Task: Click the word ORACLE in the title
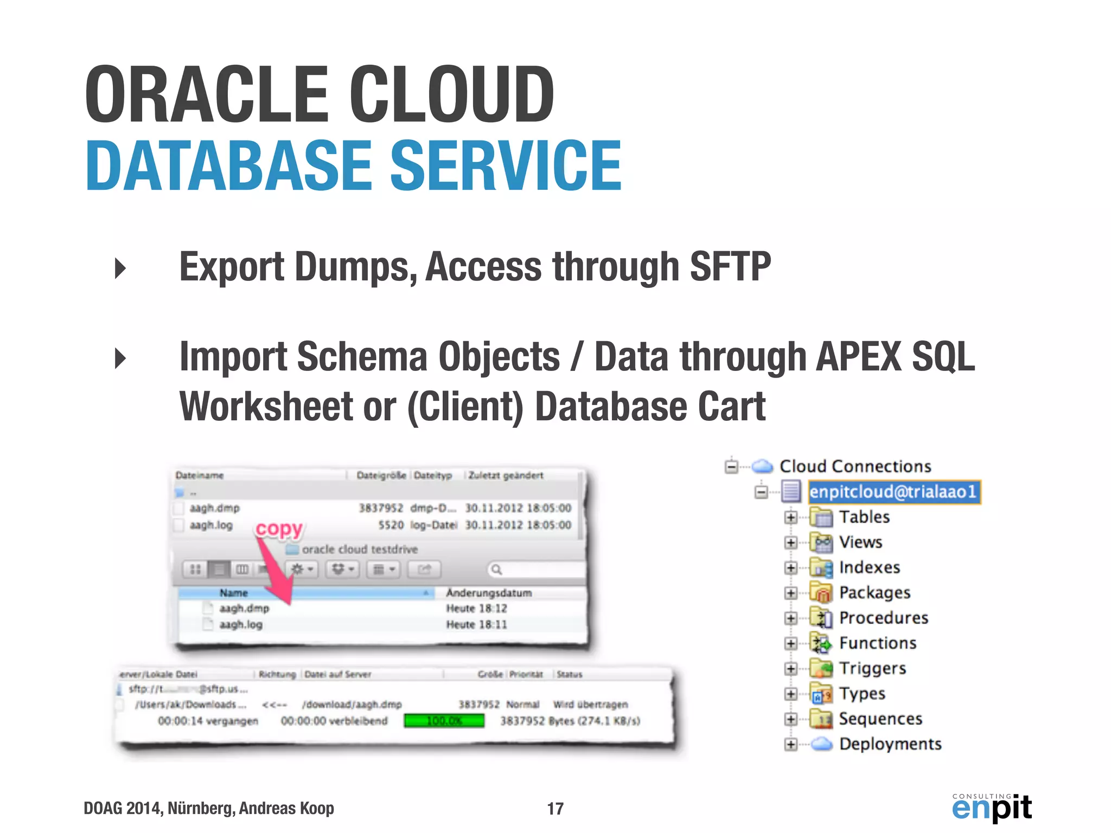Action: [207, 94]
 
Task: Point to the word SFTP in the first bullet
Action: [730, 266]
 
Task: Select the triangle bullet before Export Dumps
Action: [120, 268]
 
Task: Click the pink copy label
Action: [279, 528]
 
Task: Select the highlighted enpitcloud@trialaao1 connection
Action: [893, 492]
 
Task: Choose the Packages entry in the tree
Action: [874, 592]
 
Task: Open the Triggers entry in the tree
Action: [872, 668]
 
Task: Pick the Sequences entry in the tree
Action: [880, 719]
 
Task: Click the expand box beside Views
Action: [790, 542]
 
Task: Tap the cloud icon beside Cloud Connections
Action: [762, 466]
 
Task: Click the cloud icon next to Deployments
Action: [822, 744]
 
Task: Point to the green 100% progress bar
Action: [444, 721]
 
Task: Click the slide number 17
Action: [555, 809]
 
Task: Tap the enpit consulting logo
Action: [991, 808]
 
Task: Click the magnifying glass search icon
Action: [496, 569]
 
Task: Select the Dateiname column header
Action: [200, 476]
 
